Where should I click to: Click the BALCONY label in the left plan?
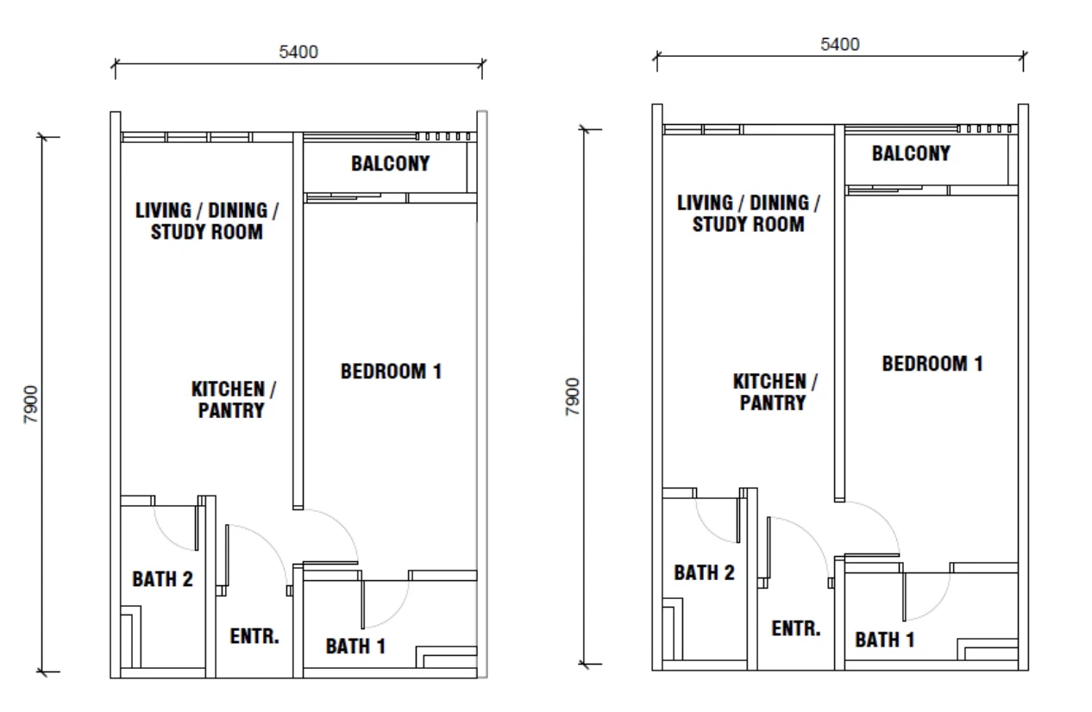click(391, 164)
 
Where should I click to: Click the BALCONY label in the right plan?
click(911, 153)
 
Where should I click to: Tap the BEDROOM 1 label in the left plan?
click(391, 372)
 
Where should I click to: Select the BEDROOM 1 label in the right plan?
click(932, 364)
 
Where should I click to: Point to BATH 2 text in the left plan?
click(163, 579)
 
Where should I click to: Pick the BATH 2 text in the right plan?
click(705, 572)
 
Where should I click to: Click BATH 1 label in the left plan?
click(356, 646)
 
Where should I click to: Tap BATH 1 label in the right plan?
click(885, 640)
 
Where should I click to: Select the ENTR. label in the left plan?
click(254, 636)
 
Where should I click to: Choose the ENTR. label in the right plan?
click(796, 628)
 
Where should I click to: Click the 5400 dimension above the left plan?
click(298, 52)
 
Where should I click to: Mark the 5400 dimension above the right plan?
click(840, 44)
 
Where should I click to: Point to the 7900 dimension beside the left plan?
click(31, 404)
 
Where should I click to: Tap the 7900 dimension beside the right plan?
click(573, 397)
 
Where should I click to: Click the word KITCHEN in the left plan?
click(229, 390)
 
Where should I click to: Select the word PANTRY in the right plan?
click(773, 403)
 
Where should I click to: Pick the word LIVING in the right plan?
click(705, 203)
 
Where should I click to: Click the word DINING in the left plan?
click(238, 211)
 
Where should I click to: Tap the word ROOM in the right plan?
click(780, 225)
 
